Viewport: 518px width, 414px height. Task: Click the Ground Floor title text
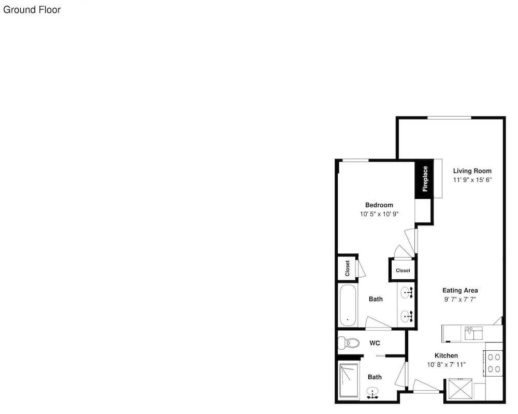pyautogui.click(x=32, y=10)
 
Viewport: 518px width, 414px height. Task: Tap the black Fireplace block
pyautogui.click(x=424, y=179)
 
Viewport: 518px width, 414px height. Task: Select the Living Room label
pyautogui.click(x=472, y=171)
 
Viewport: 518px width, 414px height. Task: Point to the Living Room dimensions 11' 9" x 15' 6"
pyautogui.click(x=472, y=180)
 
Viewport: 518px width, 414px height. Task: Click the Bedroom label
pyautogui.click(x=379, y=205)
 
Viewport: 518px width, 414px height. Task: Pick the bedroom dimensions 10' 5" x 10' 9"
pyautogui.click(x=379, y=214)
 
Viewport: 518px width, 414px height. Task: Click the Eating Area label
pyautogui.click(x=460, y=291)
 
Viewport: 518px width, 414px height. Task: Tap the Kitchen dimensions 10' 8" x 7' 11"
pyautogui.click(x=446, y=365)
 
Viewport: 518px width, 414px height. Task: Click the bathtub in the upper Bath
pyautogui.click(x=348, y=305)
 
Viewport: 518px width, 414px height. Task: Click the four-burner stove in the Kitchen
pyautogui.click(x=494, y=363)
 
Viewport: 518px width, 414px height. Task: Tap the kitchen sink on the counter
pyautogui.click(x=473, y=333)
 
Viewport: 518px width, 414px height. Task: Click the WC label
pyautogui.click(x=375, y=343)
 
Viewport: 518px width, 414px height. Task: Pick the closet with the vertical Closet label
pyautogui.click(x=347, y=268)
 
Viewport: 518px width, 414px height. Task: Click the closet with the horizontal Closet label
pyautogui.click(x=402, y=270)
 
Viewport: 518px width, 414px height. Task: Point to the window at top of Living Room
pyautogui.click(x=450, y=118)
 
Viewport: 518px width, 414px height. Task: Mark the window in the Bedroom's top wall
pyautogui.click(x=355, y=161)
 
